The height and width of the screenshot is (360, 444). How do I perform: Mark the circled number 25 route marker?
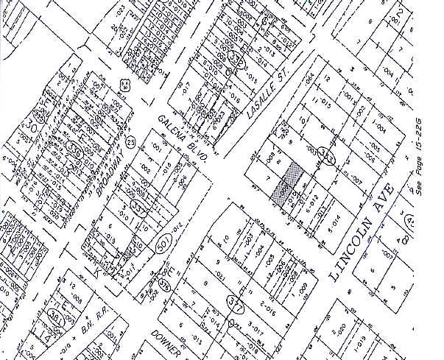pyautogui.click(x=131, y=141)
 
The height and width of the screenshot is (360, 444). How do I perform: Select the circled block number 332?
pyautogui.click(x=238, y=58)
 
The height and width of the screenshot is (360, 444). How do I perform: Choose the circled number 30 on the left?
pyautogui.click(x=34, y=117)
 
